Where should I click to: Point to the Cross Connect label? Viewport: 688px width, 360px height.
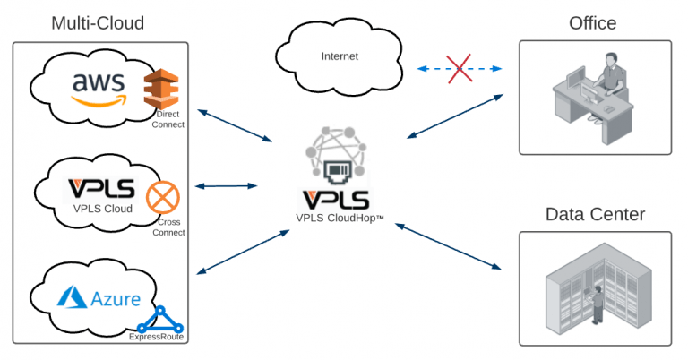click(170, 227)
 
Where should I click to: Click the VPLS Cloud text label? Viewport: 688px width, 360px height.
click(103, 210)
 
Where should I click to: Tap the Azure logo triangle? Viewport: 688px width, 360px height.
click(71, 298)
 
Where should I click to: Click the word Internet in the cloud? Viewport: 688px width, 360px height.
click(340, 56)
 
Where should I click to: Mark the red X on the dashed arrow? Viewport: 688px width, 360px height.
click(460, 68)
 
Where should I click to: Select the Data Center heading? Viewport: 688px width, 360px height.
click(595, 215)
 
